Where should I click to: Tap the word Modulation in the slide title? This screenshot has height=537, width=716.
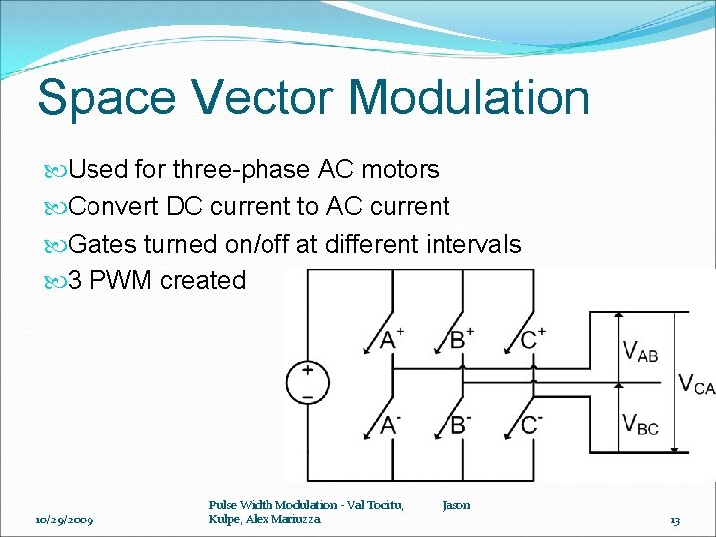pos(470,98)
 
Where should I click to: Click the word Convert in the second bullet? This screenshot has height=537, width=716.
pos(112,207)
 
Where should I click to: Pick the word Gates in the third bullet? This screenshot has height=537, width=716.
pos(104,244)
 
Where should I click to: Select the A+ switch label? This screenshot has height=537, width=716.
pos(393,338)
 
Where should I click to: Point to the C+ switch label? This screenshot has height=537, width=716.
pos(534,338)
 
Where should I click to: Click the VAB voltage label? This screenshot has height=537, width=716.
pos(639,349)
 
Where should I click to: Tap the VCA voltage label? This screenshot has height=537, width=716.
pos(696,384)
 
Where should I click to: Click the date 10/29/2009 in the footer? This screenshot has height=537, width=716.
pos(64,520)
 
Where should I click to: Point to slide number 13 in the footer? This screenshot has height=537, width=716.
pos(674,520)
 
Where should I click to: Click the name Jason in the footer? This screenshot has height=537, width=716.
pos(456,505)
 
